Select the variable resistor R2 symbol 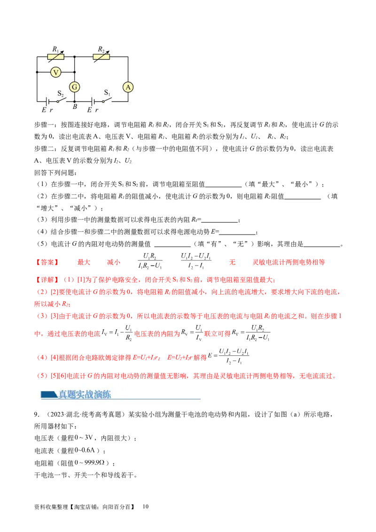101,57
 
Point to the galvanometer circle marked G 74,86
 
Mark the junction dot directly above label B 74,101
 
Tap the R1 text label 55,49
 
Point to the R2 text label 101,49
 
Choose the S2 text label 61,93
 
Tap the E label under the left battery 44,110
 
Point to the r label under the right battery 97,110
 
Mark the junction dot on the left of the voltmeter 37,72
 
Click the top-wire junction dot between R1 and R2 75,57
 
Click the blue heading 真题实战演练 85,395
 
